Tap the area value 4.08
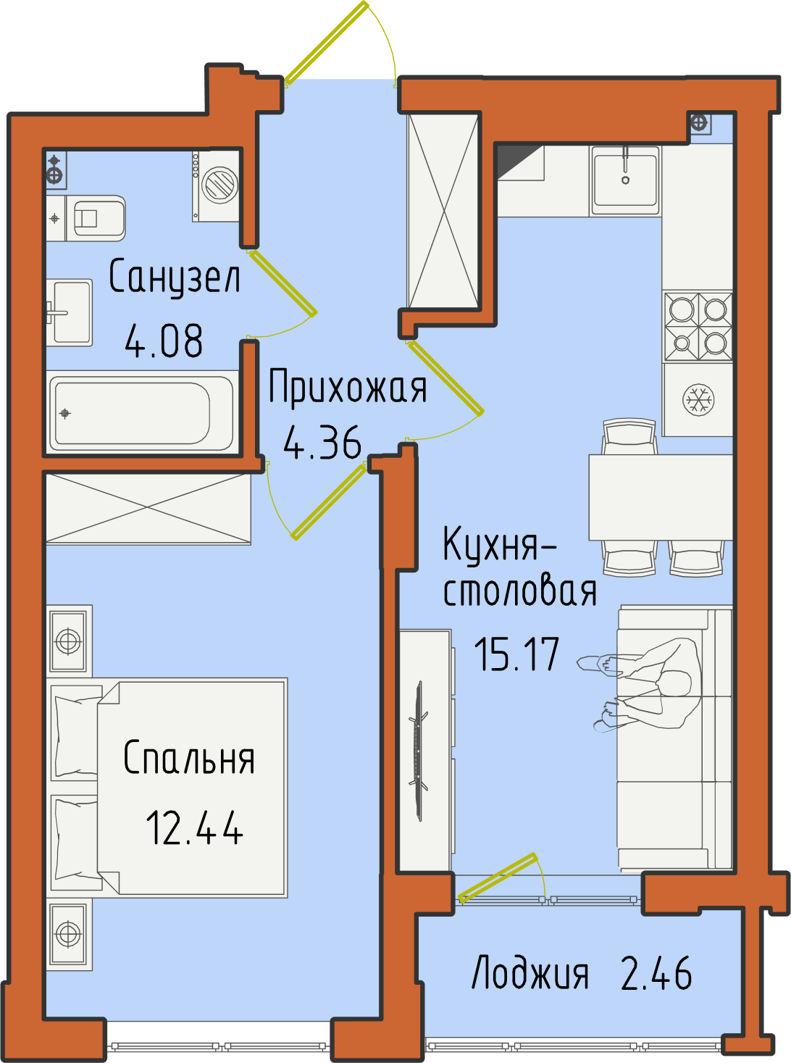click(164, 341)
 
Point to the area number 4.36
click(322, 443)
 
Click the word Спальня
click(189, 758)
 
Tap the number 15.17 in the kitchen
click(516, 654)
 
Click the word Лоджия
click(530, 972)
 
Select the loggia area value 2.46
click(656, 972)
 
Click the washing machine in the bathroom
click(216, 186)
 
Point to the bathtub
click(142, 413)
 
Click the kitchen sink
click(624, 180)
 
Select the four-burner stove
click(698, 326)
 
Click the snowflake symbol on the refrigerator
click(698, 399)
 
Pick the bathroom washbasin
click(70, 312)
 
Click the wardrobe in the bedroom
click(148, 509)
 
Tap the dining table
click(661, 497)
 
